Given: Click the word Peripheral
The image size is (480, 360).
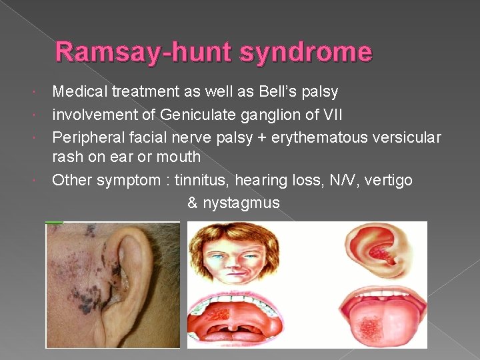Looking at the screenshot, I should (x=85, y=137).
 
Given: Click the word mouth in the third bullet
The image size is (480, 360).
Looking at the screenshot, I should (x=179, y=157).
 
